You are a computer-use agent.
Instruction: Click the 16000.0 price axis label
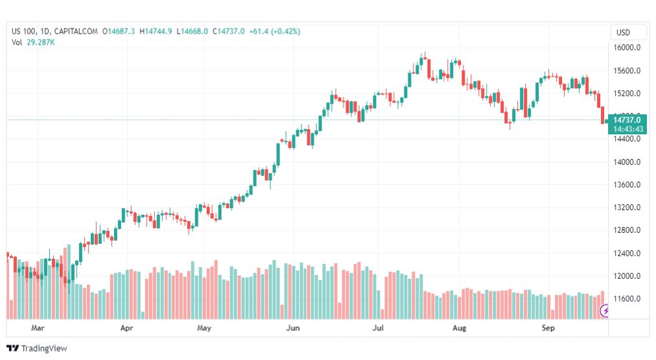628,48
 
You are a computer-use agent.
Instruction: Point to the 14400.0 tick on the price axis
628,139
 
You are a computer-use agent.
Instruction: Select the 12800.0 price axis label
628,230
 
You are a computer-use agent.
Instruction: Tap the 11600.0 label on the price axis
628,299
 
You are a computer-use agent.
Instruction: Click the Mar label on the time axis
38,328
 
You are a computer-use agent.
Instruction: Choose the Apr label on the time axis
126,328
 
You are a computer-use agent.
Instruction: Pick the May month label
204,328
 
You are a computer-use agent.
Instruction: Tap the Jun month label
293,328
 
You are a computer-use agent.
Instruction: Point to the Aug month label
459,328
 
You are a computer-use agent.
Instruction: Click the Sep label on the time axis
548,328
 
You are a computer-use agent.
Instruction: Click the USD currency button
623,32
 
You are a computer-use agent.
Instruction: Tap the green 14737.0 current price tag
627,120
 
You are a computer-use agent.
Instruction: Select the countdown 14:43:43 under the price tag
627,129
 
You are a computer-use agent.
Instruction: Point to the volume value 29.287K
40,42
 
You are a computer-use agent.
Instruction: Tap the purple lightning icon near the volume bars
606,311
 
